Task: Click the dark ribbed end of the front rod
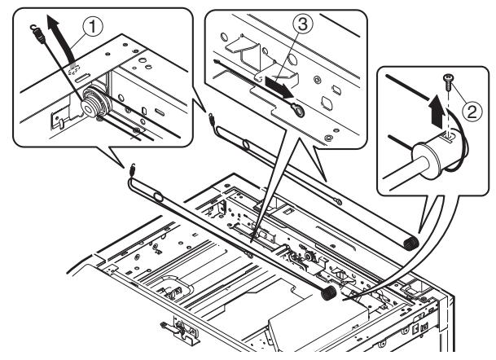tap(330, 289)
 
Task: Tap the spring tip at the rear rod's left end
tap(213, 116)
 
